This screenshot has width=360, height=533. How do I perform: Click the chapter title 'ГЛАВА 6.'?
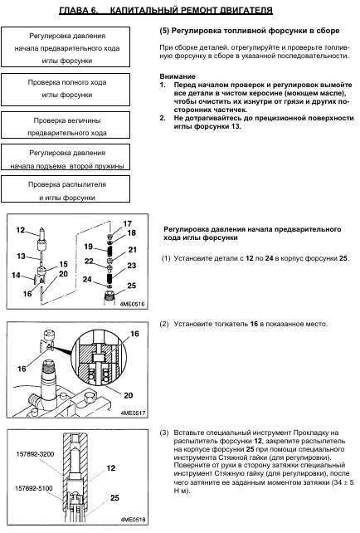point(79,10)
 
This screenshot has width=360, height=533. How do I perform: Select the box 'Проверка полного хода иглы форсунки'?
point(66,90)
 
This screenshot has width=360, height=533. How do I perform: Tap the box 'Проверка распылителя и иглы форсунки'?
point(66,189)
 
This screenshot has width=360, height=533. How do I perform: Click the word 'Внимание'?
point(178,76)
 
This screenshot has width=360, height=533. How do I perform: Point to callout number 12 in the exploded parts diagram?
point(21,230)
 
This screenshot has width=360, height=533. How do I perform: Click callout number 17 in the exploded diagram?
point(128,223)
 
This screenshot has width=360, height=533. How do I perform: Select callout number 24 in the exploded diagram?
point(87,279)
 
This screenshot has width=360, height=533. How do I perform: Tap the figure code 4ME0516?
point(132,304)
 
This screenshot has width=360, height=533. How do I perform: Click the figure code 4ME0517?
point(133,413)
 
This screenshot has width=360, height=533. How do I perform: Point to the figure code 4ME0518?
point(133,520)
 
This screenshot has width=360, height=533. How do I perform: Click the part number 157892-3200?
point(35,454)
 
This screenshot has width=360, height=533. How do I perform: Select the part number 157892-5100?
point(34,488)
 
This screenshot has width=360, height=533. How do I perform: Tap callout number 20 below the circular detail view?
point(129,395)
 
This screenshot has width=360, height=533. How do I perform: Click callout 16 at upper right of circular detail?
point(135,334)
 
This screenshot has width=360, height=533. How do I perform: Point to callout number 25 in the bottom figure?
point(114,497)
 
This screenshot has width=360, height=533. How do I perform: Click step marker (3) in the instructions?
point(164,433)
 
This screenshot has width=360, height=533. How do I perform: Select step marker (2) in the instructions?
point(164,324)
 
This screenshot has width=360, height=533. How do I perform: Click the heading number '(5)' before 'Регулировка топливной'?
point(164,31)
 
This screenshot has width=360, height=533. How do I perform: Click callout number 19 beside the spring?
point(89,247)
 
